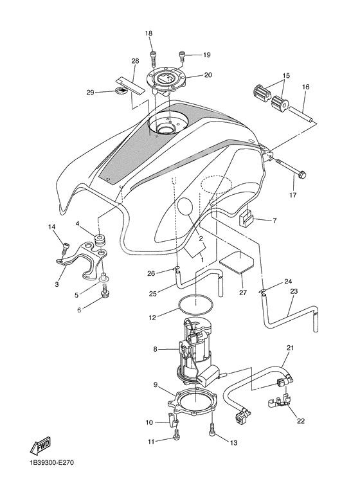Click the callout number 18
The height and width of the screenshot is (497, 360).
148,33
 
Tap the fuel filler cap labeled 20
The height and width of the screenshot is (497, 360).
166,80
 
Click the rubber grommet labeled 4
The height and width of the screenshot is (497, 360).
100,242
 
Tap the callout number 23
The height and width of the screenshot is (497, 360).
293,291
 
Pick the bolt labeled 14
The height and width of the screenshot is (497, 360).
65,246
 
